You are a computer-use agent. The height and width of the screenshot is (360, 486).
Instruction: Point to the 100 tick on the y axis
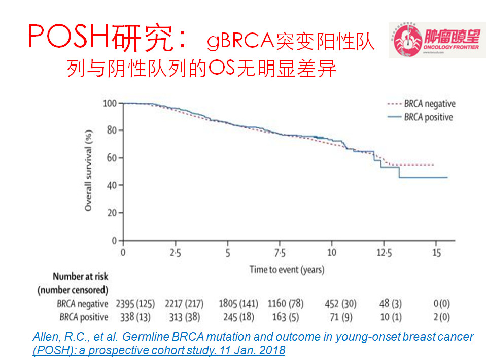pos(110,103)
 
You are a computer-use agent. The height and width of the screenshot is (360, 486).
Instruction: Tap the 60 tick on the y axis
pos(112,158)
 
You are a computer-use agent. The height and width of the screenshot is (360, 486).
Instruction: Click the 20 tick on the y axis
pos(112,213)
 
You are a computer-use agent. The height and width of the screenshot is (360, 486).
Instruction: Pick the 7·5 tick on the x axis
pos(280,252)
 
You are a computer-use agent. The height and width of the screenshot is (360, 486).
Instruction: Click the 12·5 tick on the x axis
pos(384,252)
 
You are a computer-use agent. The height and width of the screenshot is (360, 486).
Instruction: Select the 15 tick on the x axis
pos(436,252)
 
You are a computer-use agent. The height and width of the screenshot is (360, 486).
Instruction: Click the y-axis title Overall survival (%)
pos(89,172)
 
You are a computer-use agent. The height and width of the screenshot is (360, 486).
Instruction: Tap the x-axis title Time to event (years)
pos(287,269)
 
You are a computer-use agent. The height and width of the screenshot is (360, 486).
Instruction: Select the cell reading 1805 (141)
pos(237,304)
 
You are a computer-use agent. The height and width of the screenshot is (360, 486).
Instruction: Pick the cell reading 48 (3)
pos(384,304)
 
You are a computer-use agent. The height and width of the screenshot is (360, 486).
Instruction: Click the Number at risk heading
pos(81,277)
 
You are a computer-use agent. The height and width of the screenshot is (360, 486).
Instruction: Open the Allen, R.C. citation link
pos(253,344)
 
